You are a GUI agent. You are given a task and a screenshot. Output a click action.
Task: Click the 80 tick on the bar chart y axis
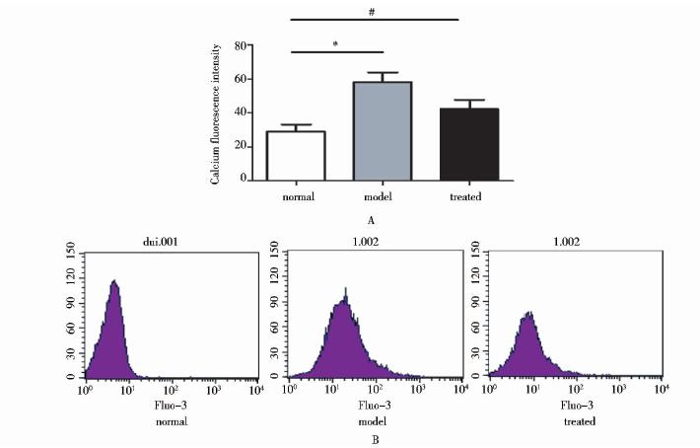(x=240, y=46)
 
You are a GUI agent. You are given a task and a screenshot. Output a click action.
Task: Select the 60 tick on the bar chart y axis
(x=240, y=80)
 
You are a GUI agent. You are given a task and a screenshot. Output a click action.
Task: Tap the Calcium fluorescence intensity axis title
(x=215, y=113)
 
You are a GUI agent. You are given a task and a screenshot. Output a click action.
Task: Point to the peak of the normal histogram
(x=115, y=281)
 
